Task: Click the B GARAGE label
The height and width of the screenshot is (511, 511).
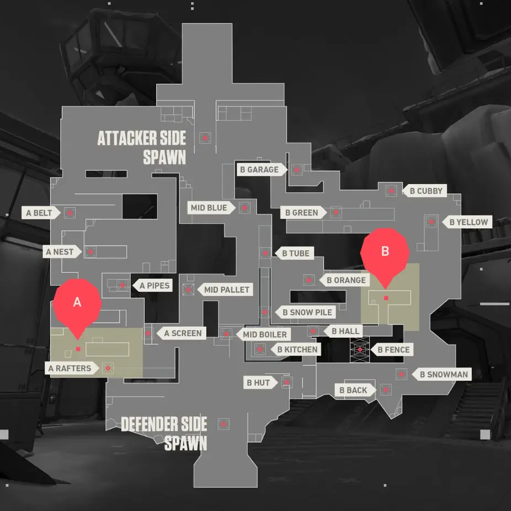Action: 262,169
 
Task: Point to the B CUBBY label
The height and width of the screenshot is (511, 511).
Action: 424,191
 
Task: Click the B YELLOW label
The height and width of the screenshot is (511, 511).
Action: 467,222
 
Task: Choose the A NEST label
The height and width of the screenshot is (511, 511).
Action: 62,251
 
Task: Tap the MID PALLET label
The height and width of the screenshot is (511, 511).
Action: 225,289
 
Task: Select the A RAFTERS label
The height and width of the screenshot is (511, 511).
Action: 72,368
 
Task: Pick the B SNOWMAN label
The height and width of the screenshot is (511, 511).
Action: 441,374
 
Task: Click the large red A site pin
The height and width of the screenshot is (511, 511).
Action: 77,306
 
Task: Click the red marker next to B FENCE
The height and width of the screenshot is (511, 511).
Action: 360,349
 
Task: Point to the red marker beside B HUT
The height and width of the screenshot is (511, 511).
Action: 287,383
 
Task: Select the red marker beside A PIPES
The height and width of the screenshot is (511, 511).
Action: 123,286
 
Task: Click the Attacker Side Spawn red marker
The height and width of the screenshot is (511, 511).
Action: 205,138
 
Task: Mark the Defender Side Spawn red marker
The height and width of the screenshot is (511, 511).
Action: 223,424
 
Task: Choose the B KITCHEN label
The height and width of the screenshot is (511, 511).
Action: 295,349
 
